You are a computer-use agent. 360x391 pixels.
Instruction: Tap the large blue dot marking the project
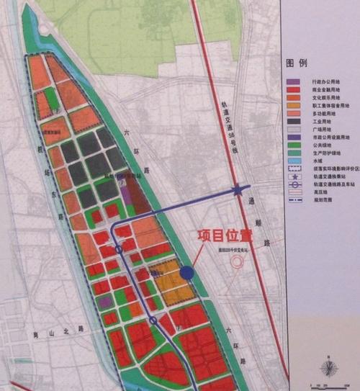187,272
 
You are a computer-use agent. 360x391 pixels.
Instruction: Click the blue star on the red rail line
237,191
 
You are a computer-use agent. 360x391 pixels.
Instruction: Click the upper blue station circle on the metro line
118,250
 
